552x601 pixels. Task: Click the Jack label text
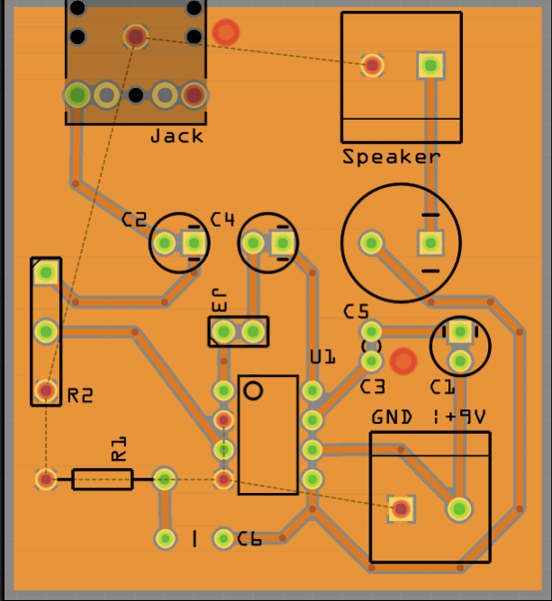[x=176, y=136]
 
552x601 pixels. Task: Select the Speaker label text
[x=391, y=157]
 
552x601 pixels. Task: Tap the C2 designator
[x=134, y=220]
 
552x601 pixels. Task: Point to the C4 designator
[x=222, y=220]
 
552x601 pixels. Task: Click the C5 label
[x=356, y=311]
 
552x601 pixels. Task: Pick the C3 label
[x=373, y=387]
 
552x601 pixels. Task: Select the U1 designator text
[x=322, y=357]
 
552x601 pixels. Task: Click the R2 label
[x=80, y=396]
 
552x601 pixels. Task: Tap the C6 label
[x=249, y=539]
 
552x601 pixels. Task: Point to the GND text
[x=392, y=417]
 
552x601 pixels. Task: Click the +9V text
[x=466, y=417]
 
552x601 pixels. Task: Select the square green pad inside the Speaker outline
[x=430, y=66]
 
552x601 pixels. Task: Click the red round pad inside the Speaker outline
[x=372, y=66]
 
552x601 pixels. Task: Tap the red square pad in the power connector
[x=402, y=508]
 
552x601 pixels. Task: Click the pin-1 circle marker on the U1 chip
[x=253, y=391]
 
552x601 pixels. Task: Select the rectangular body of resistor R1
[x=103, y=480]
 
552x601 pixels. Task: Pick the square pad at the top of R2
[x=47, y=273]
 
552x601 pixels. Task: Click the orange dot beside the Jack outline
[x=226, y=32]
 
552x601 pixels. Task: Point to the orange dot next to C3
[x=403, y=361]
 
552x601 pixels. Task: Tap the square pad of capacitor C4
[x=283, y=243]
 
